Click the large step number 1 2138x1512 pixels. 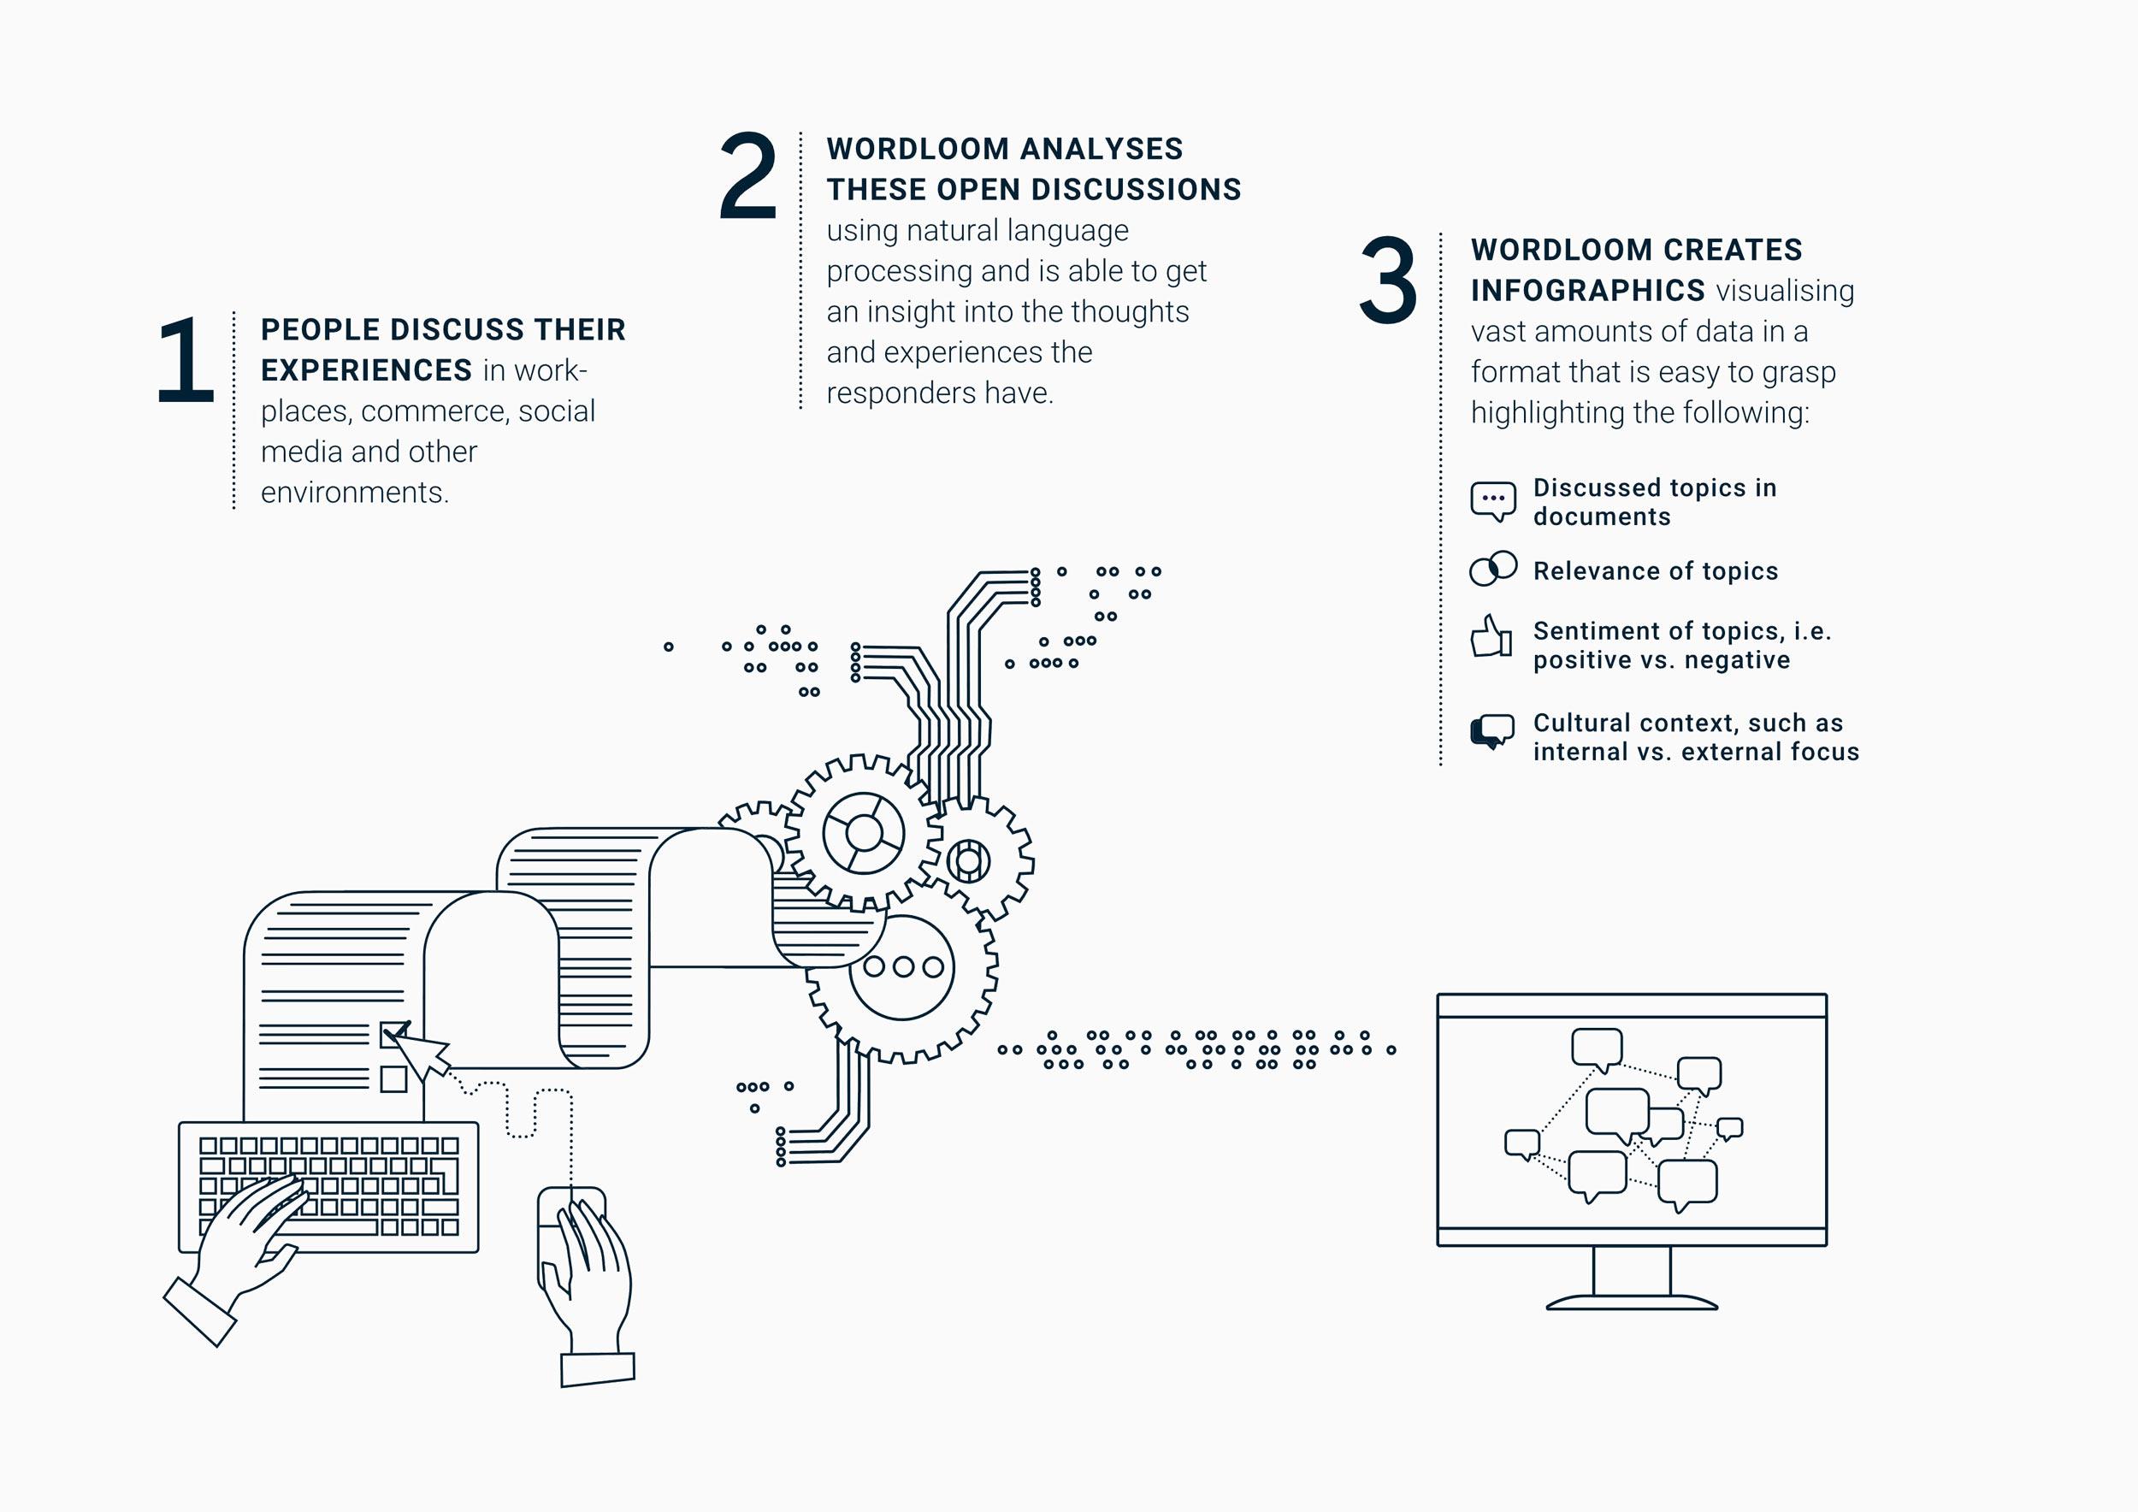186,359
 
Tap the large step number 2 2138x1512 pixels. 747,175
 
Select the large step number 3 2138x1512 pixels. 1388,280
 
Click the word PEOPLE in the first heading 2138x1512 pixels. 321,329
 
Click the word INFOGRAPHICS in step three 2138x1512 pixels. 1587,291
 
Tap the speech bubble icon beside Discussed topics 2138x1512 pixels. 1492,501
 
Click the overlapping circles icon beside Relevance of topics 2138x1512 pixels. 1492,569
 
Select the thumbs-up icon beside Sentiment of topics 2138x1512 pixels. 1491,636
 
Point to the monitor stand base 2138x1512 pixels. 1632,1302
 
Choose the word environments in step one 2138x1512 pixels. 355,493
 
